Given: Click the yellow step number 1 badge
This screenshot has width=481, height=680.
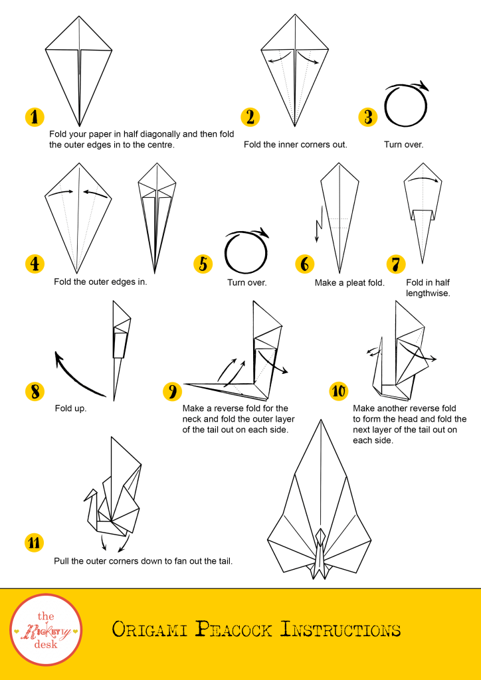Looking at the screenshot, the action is coord(35,117).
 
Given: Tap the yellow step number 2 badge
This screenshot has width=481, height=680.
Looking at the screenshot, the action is coord(250,117).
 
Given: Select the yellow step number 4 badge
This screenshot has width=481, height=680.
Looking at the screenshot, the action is coord(35,264).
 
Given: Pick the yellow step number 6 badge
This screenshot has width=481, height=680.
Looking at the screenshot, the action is coord(305,264).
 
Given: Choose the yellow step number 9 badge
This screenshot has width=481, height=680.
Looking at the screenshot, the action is coord(172,392).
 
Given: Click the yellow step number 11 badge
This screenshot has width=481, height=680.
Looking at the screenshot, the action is coord(35,543).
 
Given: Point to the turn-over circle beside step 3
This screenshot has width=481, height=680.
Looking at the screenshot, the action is coord(385,106).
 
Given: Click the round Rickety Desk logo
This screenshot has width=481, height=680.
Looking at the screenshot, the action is coord(46,630).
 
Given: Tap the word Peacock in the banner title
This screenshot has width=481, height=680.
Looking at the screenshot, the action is coord(233,630).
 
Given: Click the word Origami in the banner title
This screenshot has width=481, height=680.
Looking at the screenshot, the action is coord(149,630).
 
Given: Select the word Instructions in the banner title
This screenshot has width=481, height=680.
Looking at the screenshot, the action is coord(340,630).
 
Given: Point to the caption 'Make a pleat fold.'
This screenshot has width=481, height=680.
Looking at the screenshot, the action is coord(349,283).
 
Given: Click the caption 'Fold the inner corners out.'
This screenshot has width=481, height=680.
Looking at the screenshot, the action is coord(296,144).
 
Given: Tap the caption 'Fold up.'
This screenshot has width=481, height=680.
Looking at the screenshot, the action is coord(70,408).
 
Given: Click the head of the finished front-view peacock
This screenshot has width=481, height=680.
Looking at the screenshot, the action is coord(320,534).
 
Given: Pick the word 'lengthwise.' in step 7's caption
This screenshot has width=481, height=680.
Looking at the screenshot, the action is coord(428,293).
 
